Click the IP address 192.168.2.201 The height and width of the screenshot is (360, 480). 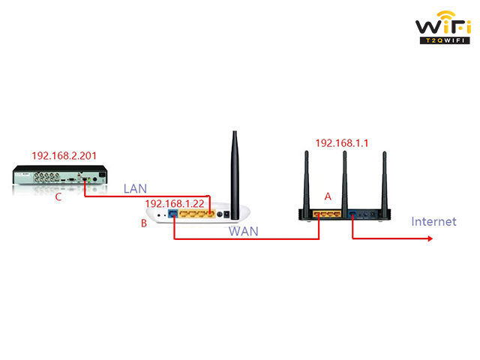point(64,156)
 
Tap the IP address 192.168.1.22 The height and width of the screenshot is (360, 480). point(175,203)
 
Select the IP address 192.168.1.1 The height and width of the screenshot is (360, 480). point(342,143)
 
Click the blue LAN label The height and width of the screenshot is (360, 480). point(135,188)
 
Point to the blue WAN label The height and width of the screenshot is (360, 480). point(244,232)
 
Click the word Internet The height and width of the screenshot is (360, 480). point(433,221)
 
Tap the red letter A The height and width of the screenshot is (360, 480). point(328,196)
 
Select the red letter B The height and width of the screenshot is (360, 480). point(143,223)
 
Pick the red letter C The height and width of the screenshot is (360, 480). point(58,196)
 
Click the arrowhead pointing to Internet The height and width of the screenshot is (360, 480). point(430,238)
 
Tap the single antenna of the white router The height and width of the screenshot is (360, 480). point(235,175)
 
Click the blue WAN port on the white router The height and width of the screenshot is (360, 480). point(173,213)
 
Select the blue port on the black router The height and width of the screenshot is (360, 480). point(352,214)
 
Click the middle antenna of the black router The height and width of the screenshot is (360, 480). point(345,184)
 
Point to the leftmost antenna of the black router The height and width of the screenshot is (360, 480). point(307,181)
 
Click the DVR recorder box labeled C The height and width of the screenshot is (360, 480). point(60,175)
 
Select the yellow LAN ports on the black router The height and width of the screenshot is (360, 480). point(327,214)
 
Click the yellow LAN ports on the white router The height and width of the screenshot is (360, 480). point(197,213)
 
